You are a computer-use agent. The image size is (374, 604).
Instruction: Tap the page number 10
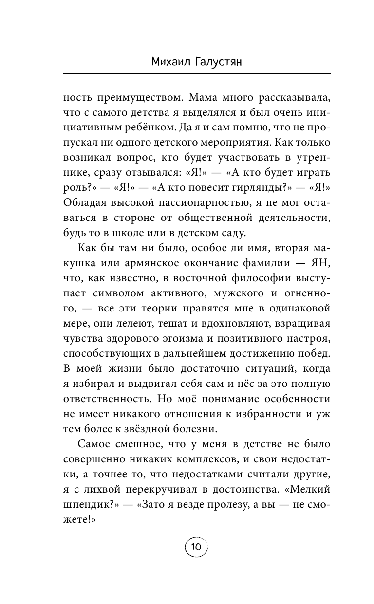click(197, 547)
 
